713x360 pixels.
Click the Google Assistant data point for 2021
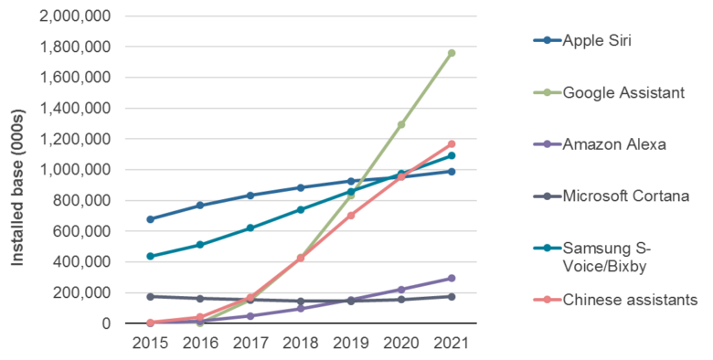pos(452,53)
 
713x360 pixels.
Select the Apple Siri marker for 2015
pos(150,219)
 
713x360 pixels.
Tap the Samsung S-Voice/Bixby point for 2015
pos(150,256)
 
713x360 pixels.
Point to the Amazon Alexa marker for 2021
pos(452,278)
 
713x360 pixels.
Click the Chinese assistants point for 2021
pos(452,143)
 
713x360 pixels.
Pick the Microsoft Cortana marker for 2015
pos(150,296)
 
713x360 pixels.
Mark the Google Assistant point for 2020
pos(401,124)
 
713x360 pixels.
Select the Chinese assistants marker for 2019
pos(351,215)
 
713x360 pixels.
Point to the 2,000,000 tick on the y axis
pos(77,16)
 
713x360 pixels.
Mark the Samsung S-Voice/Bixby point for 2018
pos(301,209)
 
